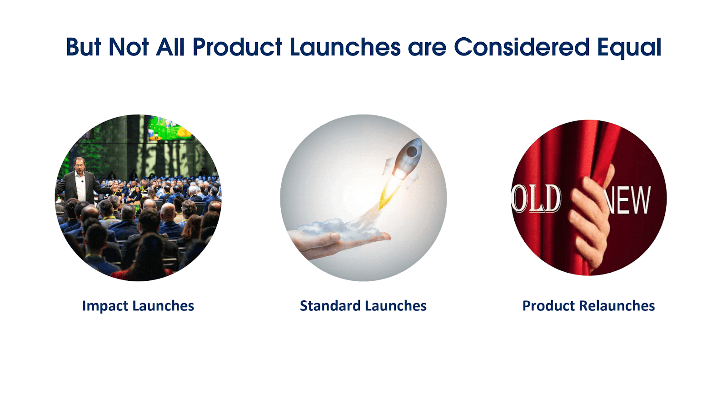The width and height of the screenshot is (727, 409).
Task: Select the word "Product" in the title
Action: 237,47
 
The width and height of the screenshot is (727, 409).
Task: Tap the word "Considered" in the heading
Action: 521,47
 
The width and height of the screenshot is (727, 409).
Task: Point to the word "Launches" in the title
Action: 345,47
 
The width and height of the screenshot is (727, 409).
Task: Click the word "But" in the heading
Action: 84,47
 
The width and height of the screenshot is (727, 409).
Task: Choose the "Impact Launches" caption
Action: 138,306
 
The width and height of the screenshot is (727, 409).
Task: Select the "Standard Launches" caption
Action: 363,306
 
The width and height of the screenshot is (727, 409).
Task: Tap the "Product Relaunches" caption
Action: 588,306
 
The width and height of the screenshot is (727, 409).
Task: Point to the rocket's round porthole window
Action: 412,151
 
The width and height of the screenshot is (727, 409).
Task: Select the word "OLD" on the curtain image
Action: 536,199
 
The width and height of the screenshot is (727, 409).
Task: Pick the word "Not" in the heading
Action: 129,47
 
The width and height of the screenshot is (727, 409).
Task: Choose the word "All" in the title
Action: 170,47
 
